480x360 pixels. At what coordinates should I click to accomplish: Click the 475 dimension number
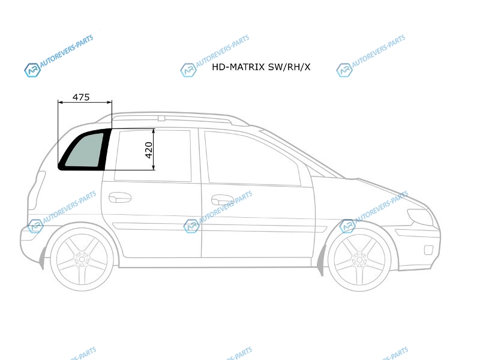[x=81, y=97]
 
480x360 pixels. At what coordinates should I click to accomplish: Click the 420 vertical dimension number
[x=149, y=150]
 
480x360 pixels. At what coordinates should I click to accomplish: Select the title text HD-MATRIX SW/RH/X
[x=261, y=67]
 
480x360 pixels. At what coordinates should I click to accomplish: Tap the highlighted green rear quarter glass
[x=84, y=151]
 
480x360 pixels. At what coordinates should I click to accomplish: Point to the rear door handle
[x=120, y=197]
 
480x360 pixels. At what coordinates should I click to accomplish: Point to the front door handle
[x=222, y=199]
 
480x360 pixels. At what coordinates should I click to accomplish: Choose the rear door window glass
[x=153, y=155]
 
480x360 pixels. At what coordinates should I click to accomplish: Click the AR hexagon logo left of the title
[x=188, y=70]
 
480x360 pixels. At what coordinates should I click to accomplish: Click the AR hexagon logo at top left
[x=31, y=70]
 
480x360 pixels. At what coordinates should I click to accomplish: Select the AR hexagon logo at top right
[x=344, y=70]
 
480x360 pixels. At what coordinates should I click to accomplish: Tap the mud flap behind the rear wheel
[x=43, y=257]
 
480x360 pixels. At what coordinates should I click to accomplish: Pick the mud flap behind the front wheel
[x=321, y=260]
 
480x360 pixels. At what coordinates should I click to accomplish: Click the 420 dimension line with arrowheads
[x=155, y=149]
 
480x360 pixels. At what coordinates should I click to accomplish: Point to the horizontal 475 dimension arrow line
[x=85, y=103]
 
